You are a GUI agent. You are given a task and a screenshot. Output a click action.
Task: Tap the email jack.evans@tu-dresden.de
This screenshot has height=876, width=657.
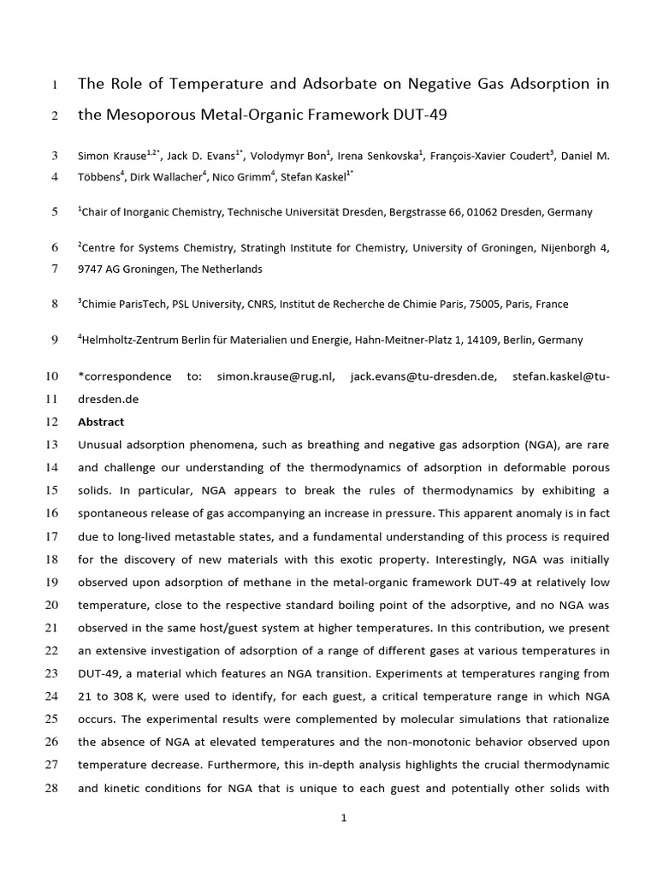coord(423,376)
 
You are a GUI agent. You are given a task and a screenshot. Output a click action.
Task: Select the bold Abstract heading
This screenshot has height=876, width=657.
coord(101,422)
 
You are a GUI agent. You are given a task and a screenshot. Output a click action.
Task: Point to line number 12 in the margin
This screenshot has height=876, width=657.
coord(50,422)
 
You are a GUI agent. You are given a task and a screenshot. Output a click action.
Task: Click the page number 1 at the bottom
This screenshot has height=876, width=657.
coord(344,819)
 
